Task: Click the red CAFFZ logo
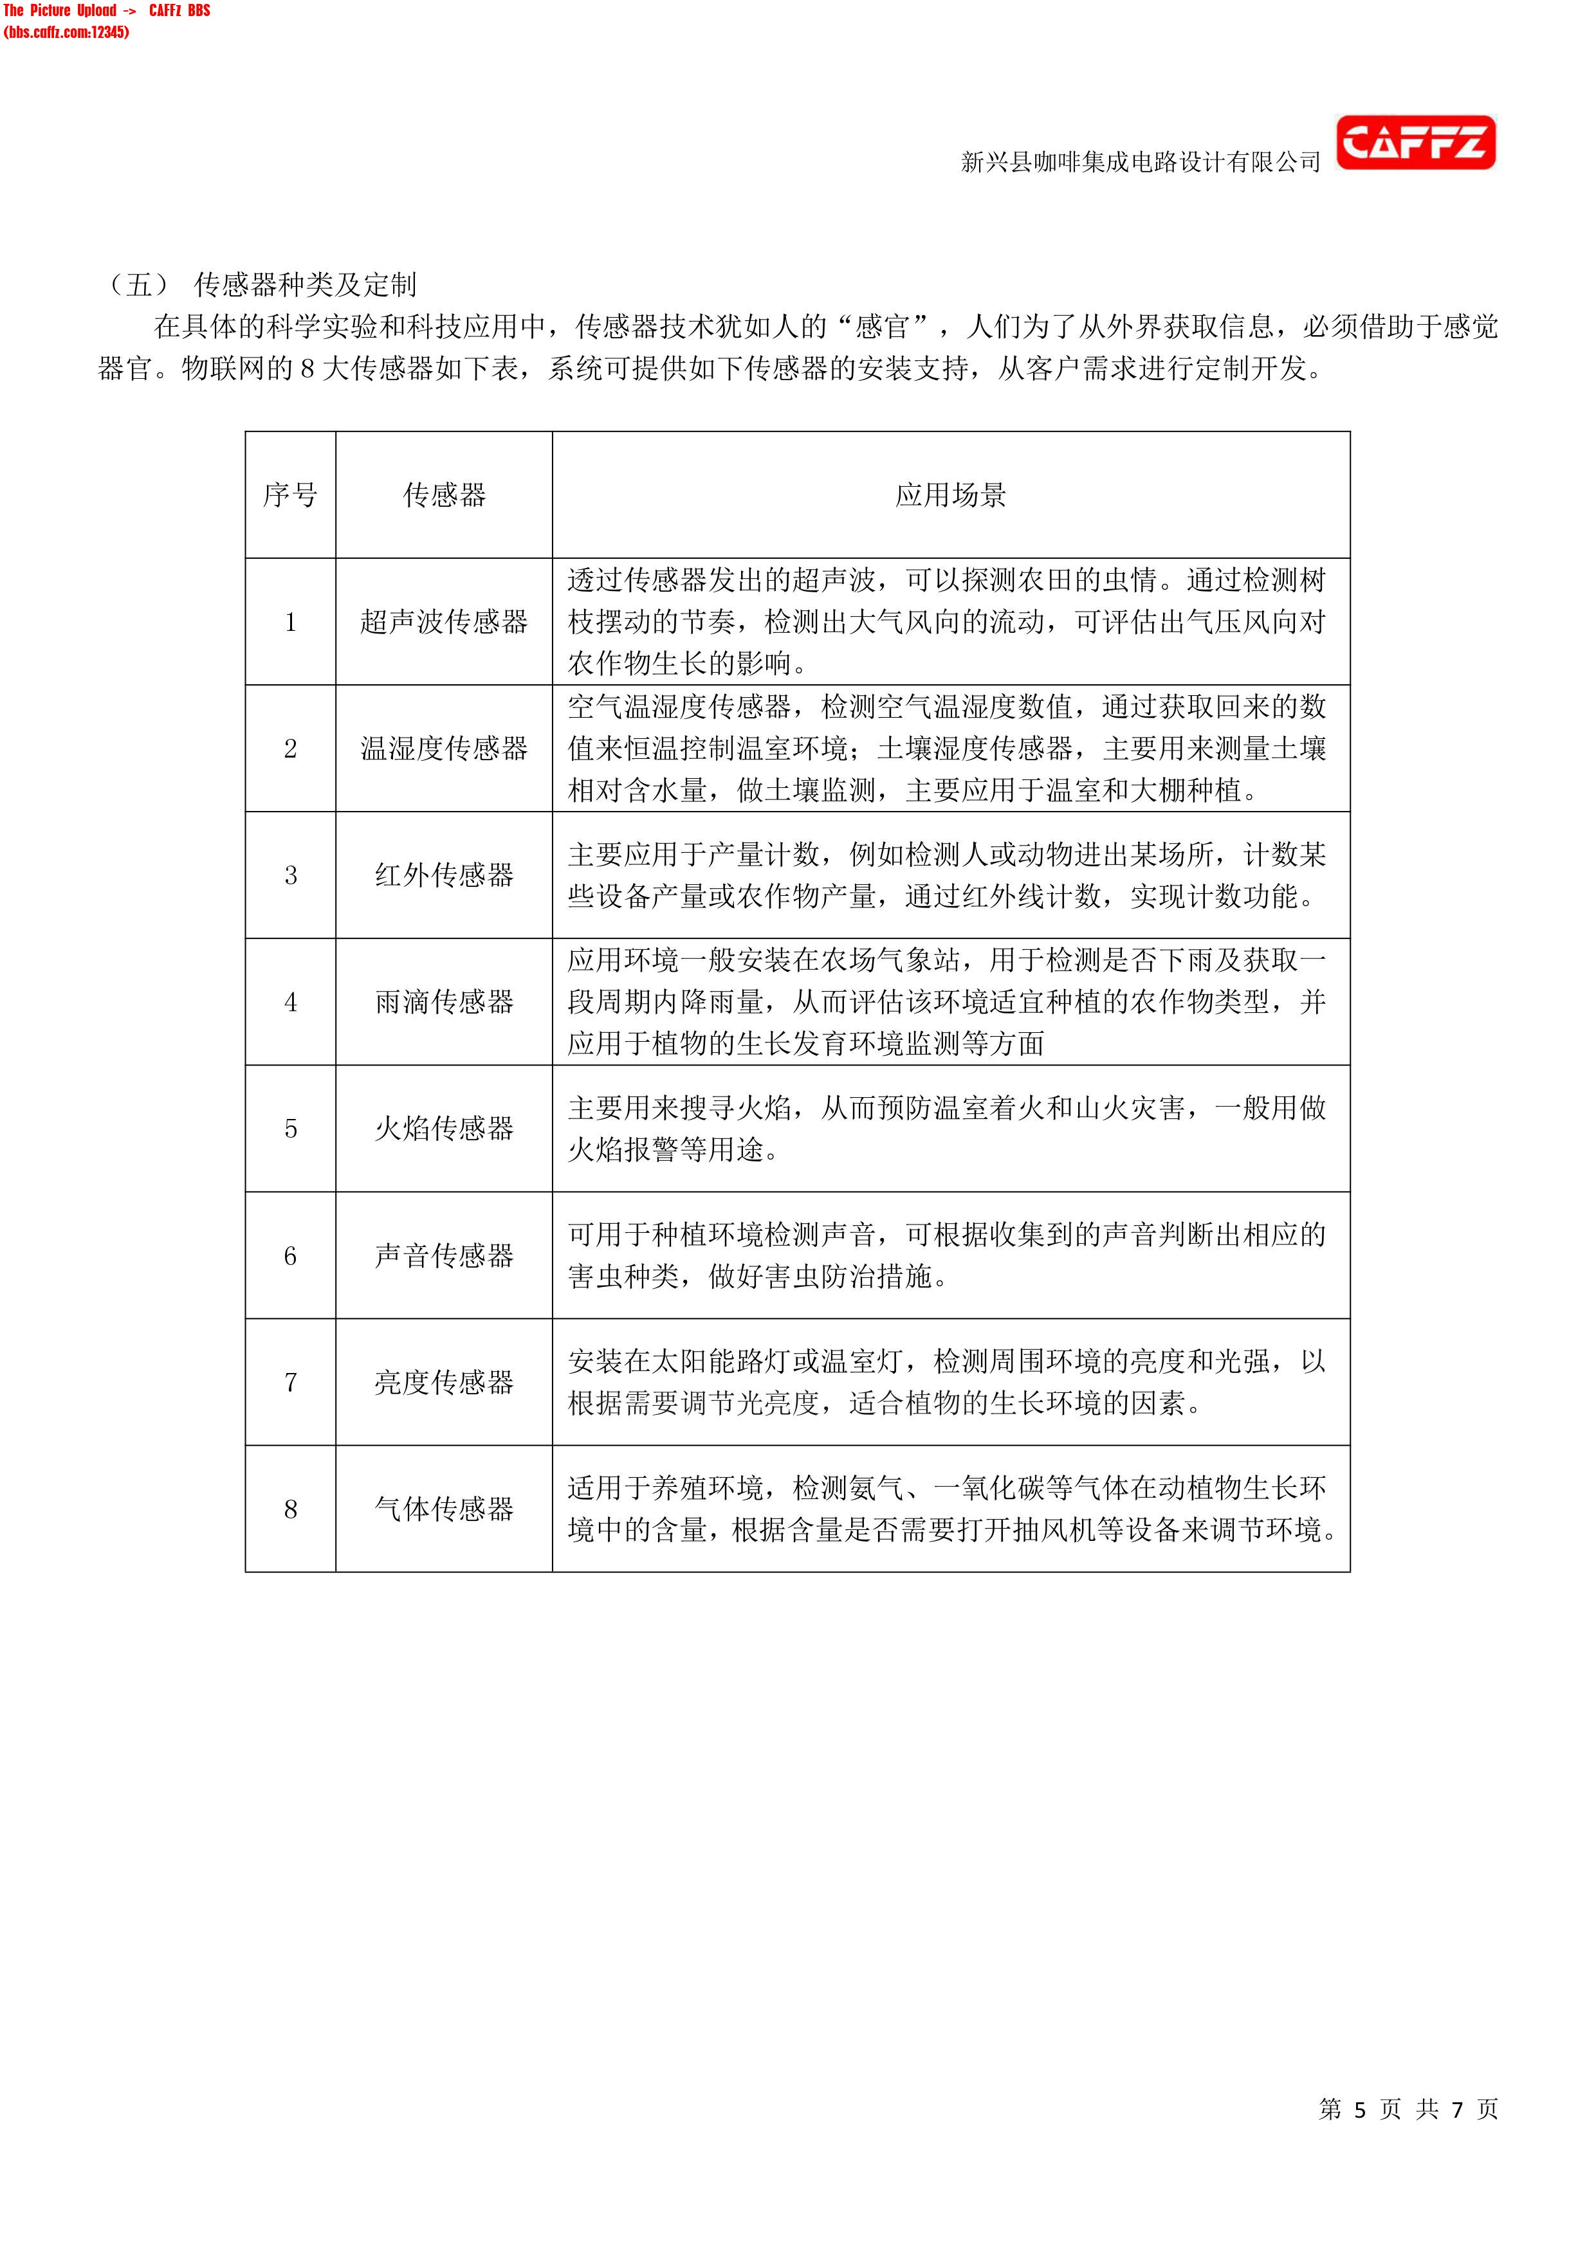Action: tap(1415, 143)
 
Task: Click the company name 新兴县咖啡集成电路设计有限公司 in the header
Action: tap(1140, 162)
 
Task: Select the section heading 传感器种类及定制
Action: tap(305, 285)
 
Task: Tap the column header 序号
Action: tap(290, 495)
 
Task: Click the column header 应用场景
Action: tap(950, 495)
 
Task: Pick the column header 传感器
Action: tap(445, 495)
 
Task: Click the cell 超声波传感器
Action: tap(445, 622)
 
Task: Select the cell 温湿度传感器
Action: tap(445, 749)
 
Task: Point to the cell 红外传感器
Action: tap(445, 875)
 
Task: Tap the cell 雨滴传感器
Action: tap(445, 1002)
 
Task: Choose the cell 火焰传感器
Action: tap(445, 1129)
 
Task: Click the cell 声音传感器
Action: tap(445, 1256)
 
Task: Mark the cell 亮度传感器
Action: tap(445, 1383)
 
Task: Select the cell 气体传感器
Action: tap(445, 1509)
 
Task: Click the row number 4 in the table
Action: tap(291, 1002)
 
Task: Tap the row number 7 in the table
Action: tap(291, 1383)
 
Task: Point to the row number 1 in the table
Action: tap(291, 622)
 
